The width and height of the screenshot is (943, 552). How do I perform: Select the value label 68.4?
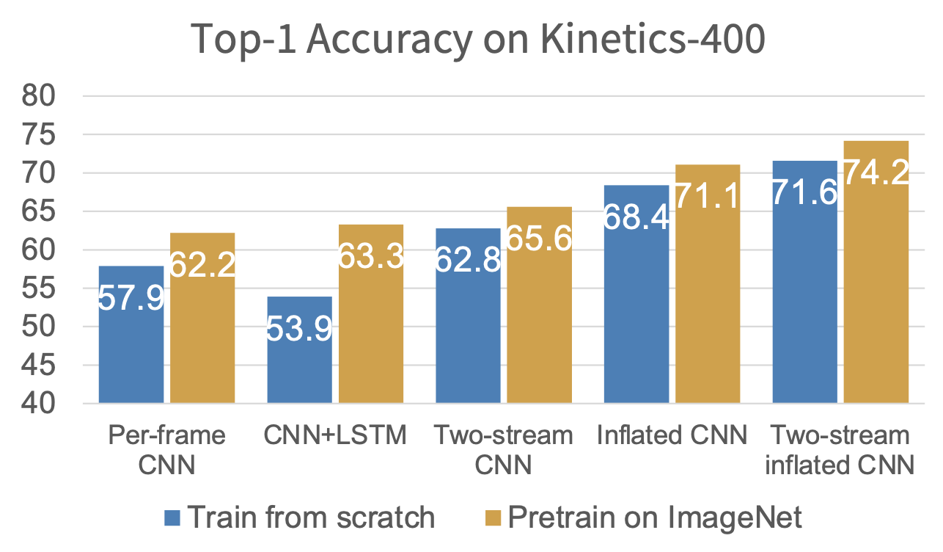(636, 218)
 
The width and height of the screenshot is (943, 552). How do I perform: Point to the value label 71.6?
(804, 193)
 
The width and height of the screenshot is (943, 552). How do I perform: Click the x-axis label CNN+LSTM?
(334, 436)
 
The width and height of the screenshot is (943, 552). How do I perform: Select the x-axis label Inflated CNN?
(672, 436)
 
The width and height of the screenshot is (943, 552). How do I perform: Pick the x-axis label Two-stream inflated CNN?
(840, 449)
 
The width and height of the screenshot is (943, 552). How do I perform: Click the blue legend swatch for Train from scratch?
(172, 518)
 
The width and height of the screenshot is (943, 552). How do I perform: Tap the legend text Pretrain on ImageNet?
(655, 518)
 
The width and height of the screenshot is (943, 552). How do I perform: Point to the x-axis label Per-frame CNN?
(166, 449)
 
